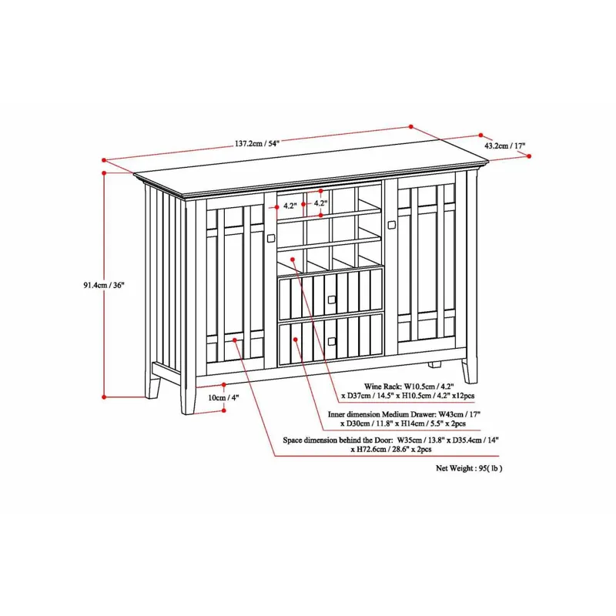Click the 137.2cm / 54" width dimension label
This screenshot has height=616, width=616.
tap(257, 144)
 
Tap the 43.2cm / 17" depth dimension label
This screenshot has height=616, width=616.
tap(505, 146)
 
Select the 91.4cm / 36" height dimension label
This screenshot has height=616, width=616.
tap(104, 285)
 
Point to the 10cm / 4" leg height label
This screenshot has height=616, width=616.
tap(223, 397)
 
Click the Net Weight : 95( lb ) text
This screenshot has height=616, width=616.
tap(469, 468)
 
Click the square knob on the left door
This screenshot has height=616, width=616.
tap(271, 238)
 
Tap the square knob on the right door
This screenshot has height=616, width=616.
tap(391, 225)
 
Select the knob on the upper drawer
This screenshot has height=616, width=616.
tap(332, 300)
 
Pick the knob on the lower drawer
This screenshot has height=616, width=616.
tap(332, 341)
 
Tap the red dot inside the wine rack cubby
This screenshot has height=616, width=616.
tap(293, 259)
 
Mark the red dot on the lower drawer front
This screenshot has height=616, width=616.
tap(295, 339)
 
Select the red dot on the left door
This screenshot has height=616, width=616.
tap(235, 340)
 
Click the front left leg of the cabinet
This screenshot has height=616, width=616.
tap(189, 397)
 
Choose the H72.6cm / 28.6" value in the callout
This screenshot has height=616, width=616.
tap(380, 450)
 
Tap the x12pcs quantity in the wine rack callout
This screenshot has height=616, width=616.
tap(464, 396)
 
